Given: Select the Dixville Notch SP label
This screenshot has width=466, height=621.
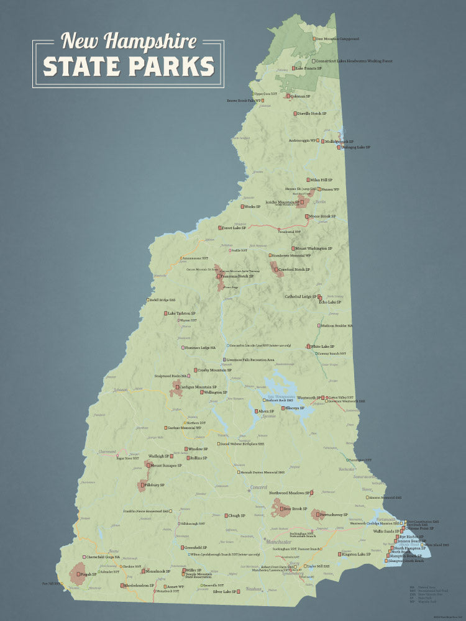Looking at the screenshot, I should (x=311, y=114).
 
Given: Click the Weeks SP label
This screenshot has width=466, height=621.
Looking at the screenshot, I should (x=252, y=207).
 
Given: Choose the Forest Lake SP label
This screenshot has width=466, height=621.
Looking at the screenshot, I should (x=235, y=228).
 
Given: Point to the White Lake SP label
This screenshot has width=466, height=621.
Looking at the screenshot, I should (x=322, y=347).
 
